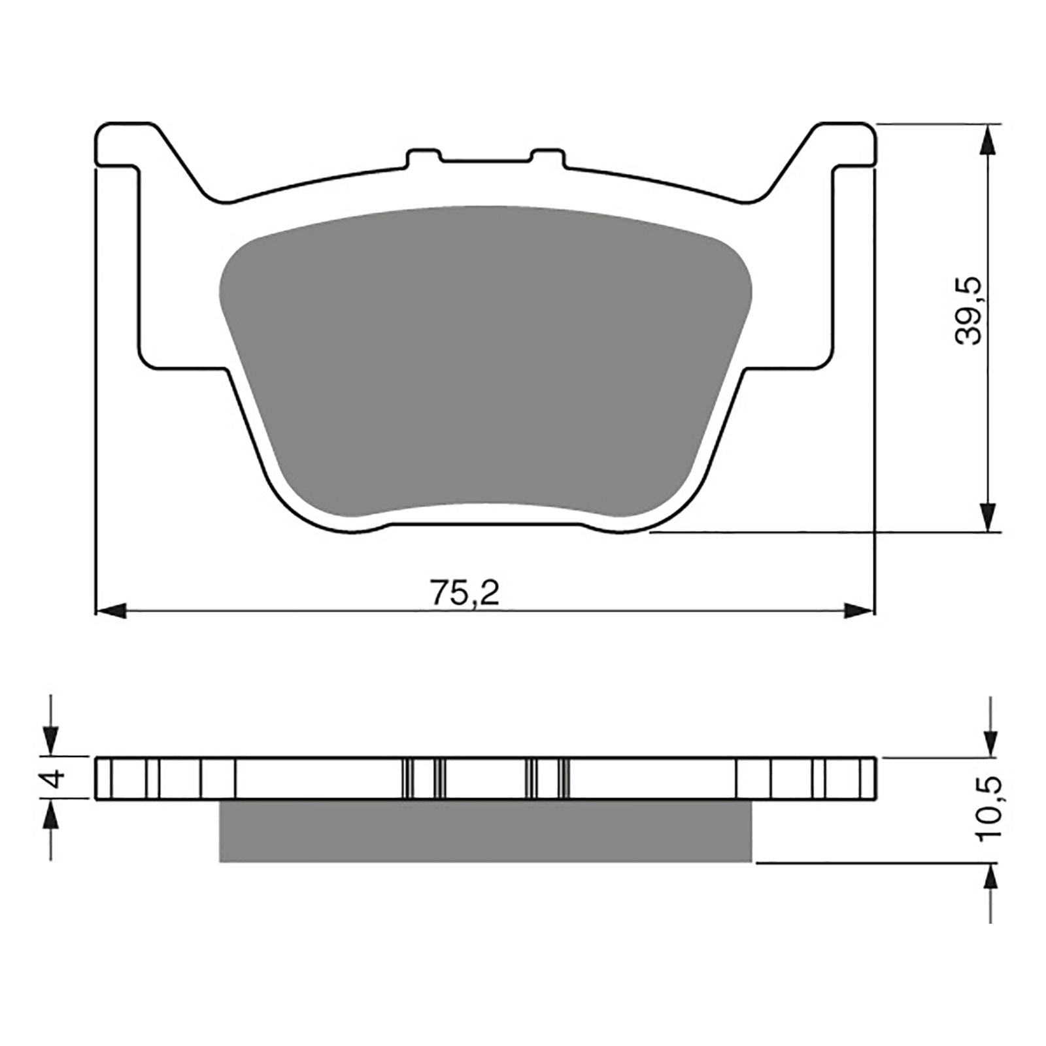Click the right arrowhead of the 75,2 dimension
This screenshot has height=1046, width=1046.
tap(858, 611)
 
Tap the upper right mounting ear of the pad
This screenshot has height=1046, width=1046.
tap(843, 144)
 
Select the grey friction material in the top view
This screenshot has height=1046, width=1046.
tap(484, 360)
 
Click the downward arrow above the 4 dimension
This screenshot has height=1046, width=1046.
tap(51, 742)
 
